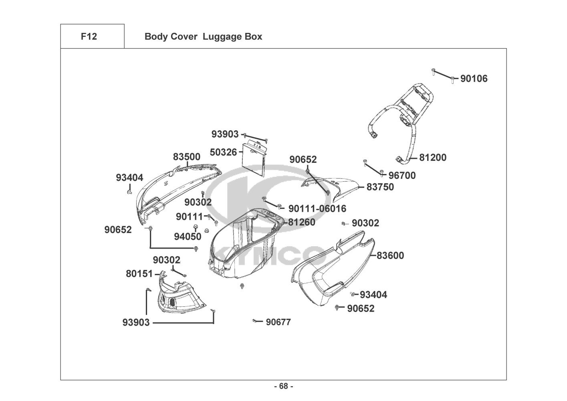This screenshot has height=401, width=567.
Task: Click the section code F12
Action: (89, 36)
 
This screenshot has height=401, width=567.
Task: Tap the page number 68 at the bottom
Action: (283, 386)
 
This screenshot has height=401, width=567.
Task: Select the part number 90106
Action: (474, 79)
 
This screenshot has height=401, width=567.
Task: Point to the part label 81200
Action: (433, 158)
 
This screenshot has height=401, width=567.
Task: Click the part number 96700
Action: (402, 175)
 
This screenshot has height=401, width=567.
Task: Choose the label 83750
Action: (380, 187)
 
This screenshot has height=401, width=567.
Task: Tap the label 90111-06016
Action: (317, 209)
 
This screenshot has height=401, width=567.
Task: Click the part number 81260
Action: (301, 222)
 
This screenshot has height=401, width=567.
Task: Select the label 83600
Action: (390, 255)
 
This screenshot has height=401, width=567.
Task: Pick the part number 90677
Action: (278, 322)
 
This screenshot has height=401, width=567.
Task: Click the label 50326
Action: (223, 152)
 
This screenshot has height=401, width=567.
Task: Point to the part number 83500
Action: (187, 157)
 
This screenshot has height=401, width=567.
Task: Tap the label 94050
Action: (188, 237)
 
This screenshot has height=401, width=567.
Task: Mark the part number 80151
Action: (139, 274)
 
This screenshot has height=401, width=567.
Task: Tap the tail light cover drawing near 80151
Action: (180, 297)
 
